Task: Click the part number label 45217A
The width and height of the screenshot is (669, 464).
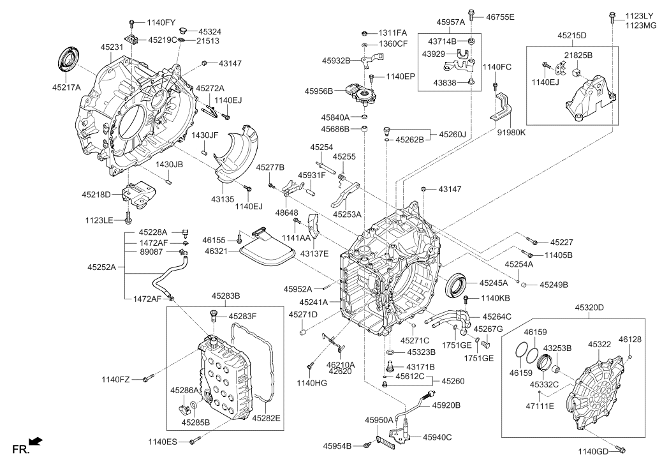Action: click(66, 87)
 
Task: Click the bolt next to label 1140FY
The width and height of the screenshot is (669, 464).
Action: click(132, 22)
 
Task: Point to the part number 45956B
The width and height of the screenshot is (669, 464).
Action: click(319, 91)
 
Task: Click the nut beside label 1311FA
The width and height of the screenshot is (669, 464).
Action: click(364, 33)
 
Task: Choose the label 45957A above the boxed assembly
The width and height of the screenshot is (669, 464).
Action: click(450, 22)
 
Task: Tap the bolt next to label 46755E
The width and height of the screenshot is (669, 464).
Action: click(471, 15)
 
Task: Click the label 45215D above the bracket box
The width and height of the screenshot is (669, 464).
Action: click(571, 36)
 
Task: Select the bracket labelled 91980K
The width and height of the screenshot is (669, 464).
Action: click(503, 106)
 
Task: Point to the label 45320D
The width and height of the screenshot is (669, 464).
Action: click(589, 308)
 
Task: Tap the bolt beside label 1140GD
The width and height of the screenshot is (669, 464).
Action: click(621, 449)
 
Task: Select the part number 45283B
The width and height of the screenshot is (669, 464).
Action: click(226, 296)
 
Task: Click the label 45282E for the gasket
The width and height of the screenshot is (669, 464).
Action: click(266, 418)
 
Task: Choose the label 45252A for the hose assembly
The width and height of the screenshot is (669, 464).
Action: click(102, 267)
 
